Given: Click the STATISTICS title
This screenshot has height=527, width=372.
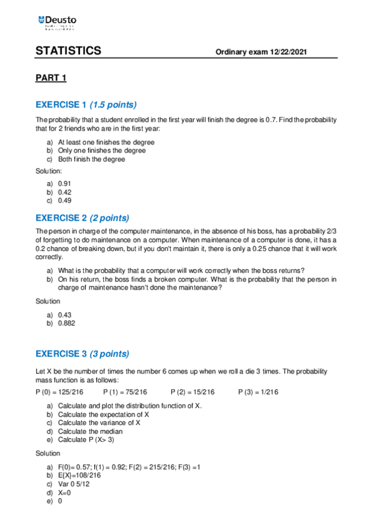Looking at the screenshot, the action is point(68,51).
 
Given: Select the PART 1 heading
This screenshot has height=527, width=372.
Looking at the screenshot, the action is point(50,78).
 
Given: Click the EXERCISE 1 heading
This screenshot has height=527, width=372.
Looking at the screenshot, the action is point(61,104).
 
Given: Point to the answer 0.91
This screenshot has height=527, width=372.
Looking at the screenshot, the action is point(64,184).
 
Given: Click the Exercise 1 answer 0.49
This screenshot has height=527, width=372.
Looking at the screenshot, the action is point(64,201).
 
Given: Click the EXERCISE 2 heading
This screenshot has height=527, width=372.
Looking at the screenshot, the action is point(61,218).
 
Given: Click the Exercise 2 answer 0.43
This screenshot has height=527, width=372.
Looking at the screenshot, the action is point(64,315).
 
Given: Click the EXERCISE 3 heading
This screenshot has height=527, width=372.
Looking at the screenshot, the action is point(61,354).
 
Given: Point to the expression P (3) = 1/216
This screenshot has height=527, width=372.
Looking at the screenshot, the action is point(258,392).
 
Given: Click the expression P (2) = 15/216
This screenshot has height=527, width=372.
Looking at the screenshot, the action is point(193,392).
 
